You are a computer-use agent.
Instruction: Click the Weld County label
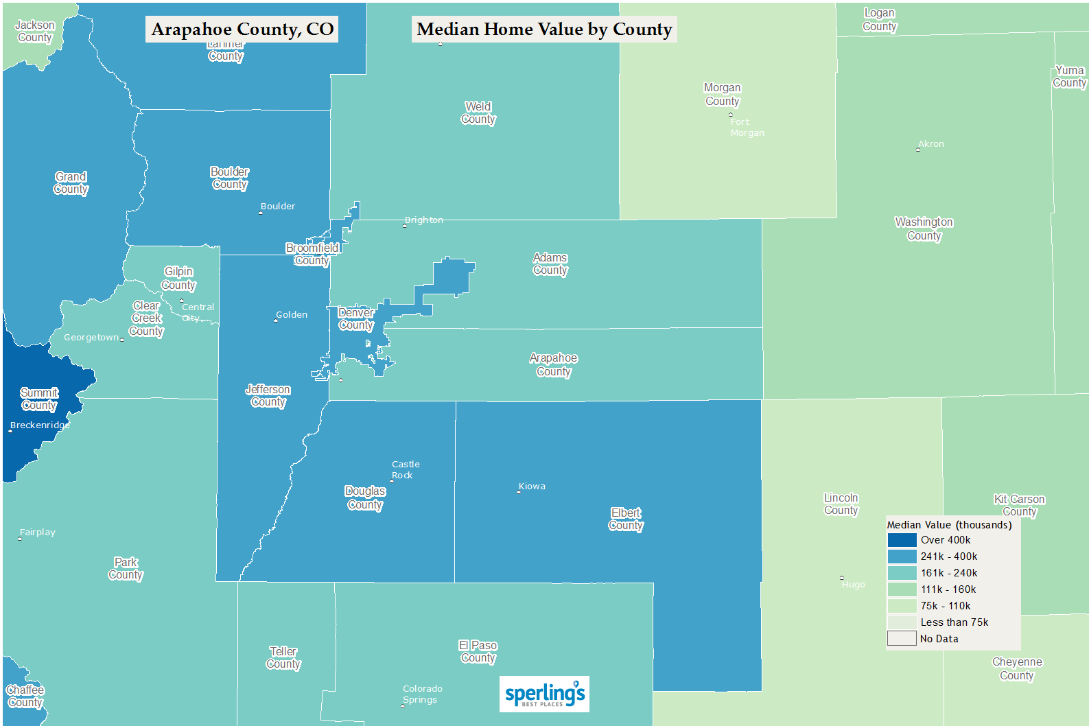pyautogui.click(x=478, y=113)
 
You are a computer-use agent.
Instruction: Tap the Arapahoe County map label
pyautogui.click(x=553, y=364)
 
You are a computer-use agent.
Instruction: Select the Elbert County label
pyautogui.click(x=625, y=519)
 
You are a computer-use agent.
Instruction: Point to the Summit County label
pyautogui.click(x=39, y=399)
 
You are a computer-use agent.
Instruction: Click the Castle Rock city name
pyautogui.click(x=405, y=469)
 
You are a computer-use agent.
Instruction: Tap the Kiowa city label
pyautogui.click(x=532, y=486)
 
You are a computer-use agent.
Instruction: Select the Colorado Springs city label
pyautogui.click(x=421, y=694)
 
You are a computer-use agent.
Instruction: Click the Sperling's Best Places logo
pyautogui.click(x=544, y=694)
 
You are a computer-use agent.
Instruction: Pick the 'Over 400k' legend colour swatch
pyautogui.click(x=902, y=540)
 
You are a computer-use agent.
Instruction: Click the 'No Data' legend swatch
pyautogui.click(x=902, y=639)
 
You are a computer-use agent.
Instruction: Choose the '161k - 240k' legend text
pyautogui.click(x=948, y=573)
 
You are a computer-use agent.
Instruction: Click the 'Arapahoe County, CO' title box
pyautogui.click(x=242, y=30)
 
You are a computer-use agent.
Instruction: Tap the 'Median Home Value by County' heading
pyautogui.click(x=544, y=30)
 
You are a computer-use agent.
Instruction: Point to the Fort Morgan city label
pyautogui.click(x=747, y=127)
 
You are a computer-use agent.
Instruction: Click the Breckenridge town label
pyautogui.click(x=40, y=425)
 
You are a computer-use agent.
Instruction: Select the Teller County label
pyautogui.click(x=283, y=657)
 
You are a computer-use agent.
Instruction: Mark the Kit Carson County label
pyautogui.click(x=1019, y=505)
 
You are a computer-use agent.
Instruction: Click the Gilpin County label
pyautogui.click(x=178, y=278)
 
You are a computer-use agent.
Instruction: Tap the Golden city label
pyautogui.click(x=291, y=314)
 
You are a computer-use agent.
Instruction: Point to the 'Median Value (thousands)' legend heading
pyautogui.click(x=949, y=525)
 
